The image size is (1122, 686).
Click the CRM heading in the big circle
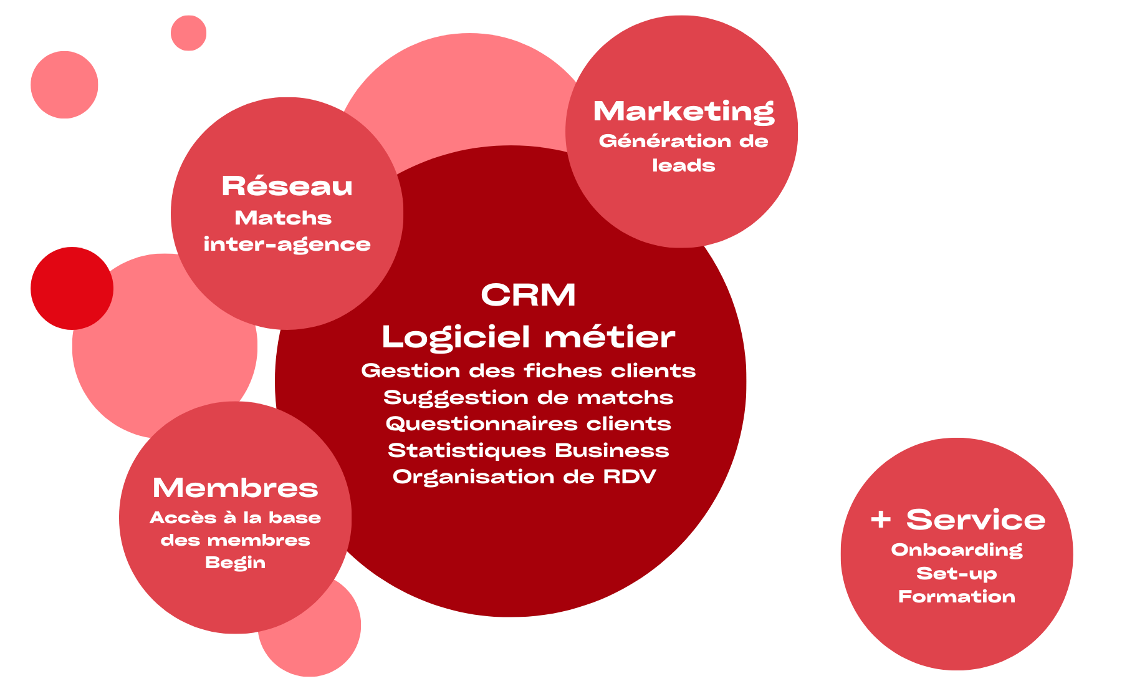pyautogui.click(x=528, y=295)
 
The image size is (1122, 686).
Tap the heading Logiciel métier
pyautogui.click(x=528, y=337)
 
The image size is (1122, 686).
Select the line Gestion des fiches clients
pyautogui.click(x=528, y=370)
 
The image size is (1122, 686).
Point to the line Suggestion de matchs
pyautogui.click(x=528, y=397)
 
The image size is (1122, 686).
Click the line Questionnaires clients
pyautogui.click(x=528, y=423)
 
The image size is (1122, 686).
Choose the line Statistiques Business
pyautogui.click(x=528, y=450)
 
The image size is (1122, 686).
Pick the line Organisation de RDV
pyautogui.click(x=524, y=476)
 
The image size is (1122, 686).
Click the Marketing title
pyautogui.click(x=684, y=112)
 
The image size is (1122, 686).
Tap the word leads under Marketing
pyautogui.click(x=683, y=165)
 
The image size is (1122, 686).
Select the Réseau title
pyautogui.click(x=287, y=186)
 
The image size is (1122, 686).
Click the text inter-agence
pyautogui.click(x=287, y=244)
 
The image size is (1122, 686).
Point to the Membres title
pyautogui.click(x=235, y=488)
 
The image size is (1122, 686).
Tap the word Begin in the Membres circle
pyautogui.click(x=235, y=563)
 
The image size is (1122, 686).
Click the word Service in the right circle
pyautogui.click(x=976, y=519)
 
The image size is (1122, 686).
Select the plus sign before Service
pyautogui.click(x=881, y=519)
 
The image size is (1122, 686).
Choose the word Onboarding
pyautogui.click(x=957, y=550)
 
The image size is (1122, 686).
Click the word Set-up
pyautogui.click(x=957, y=574)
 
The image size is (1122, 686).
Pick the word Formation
pyautogui.click(x=957, y=597)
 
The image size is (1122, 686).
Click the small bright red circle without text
pyautogui.click(x=72, y=288)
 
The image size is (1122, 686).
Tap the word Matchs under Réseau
pyautogui.click(x=283, y=218)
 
